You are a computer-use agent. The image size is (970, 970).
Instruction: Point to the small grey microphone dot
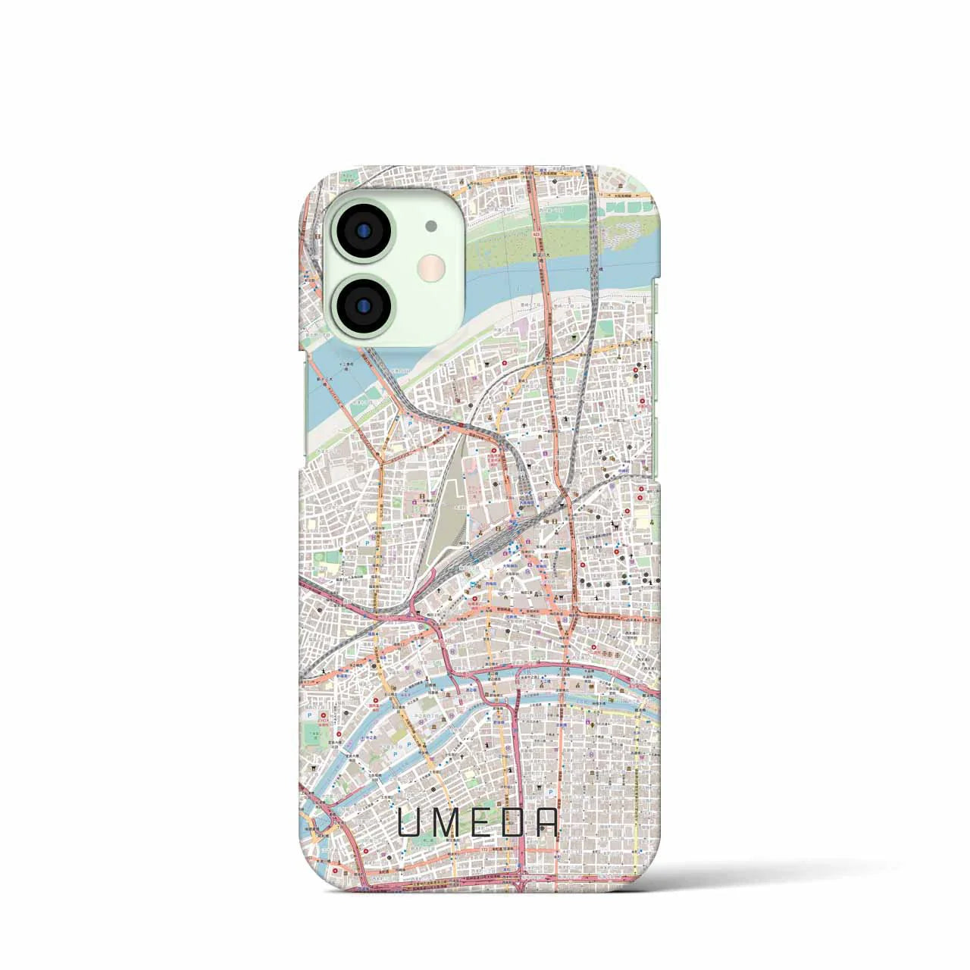[x=430, y=225]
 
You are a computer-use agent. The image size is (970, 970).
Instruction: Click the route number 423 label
[x=537, y=235]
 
